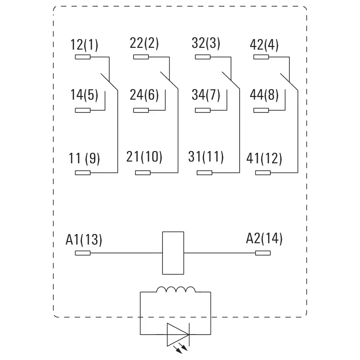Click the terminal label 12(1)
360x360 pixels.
point(84,45)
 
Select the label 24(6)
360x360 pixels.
point(144,95)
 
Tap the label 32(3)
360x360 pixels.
point(206,44)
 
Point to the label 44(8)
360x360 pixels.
point(264,95)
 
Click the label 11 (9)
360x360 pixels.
point(84,159)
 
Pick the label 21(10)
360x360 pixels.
point(144,157)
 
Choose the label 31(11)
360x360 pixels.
point(206,157)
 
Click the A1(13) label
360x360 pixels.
point(84,240)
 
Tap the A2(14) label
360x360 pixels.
point(264,239)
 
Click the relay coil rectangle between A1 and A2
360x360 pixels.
point(173,253)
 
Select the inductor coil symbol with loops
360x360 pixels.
point(176,290)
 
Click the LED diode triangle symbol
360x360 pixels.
point(178,335)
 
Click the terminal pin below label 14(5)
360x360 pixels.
point(83,110)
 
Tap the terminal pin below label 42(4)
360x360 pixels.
point(261,57)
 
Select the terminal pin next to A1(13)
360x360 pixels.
point(83,253)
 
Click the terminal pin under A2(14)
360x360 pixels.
point(263,253)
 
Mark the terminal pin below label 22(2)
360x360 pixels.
point(141,57)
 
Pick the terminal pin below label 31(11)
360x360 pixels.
point(204,173)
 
